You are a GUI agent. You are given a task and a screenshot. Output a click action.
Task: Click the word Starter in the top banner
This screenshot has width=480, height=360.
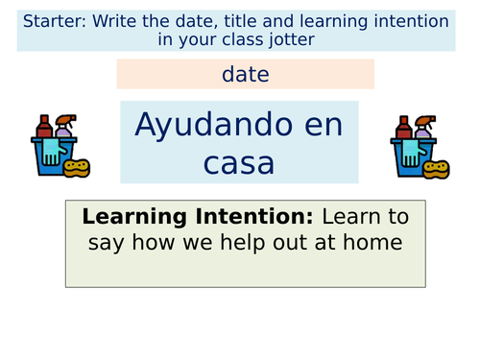(x=52, y=21)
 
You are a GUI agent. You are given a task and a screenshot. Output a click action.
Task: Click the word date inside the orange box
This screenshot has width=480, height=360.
(x=245, y=73)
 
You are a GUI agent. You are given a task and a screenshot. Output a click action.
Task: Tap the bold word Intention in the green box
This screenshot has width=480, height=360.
(x=270, y=216)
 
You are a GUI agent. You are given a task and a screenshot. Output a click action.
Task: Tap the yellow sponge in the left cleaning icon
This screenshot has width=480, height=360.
(x=76, y=167)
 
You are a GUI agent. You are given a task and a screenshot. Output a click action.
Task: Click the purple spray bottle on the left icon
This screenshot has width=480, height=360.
(x=64, y=129)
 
